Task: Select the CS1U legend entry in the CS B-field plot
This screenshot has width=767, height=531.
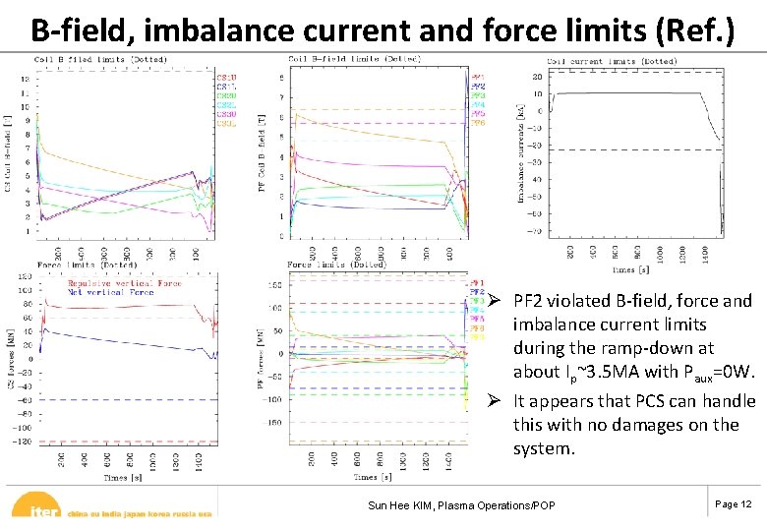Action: (225, 76)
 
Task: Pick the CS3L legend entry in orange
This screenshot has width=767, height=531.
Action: (225, 123)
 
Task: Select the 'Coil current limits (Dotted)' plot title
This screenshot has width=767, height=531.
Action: (612, 61)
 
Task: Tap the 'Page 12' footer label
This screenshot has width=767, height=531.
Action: (733, 504)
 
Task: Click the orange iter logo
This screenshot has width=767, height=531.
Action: (39, 509)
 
